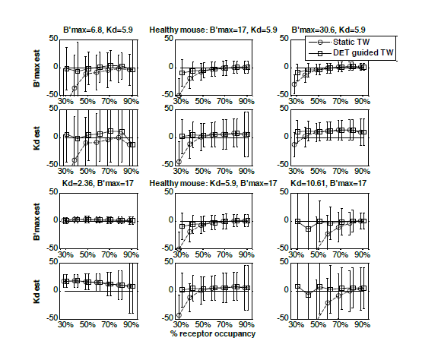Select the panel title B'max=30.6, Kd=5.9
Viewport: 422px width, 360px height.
pyautogui.click(x=329, y=30)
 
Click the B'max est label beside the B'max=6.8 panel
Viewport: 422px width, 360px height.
pyautogui.click(x=33, y=67)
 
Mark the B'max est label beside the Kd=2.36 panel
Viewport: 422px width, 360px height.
pyautogui.click(x=33, y=220)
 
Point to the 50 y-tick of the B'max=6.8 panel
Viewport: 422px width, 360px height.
pyautogui.click(x=54, y=38)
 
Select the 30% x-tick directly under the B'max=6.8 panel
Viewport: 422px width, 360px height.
pyautogui.click(x=66, y=101)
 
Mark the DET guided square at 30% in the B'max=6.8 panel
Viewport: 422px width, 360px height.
pyautogui.click(x=66, y=68)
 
